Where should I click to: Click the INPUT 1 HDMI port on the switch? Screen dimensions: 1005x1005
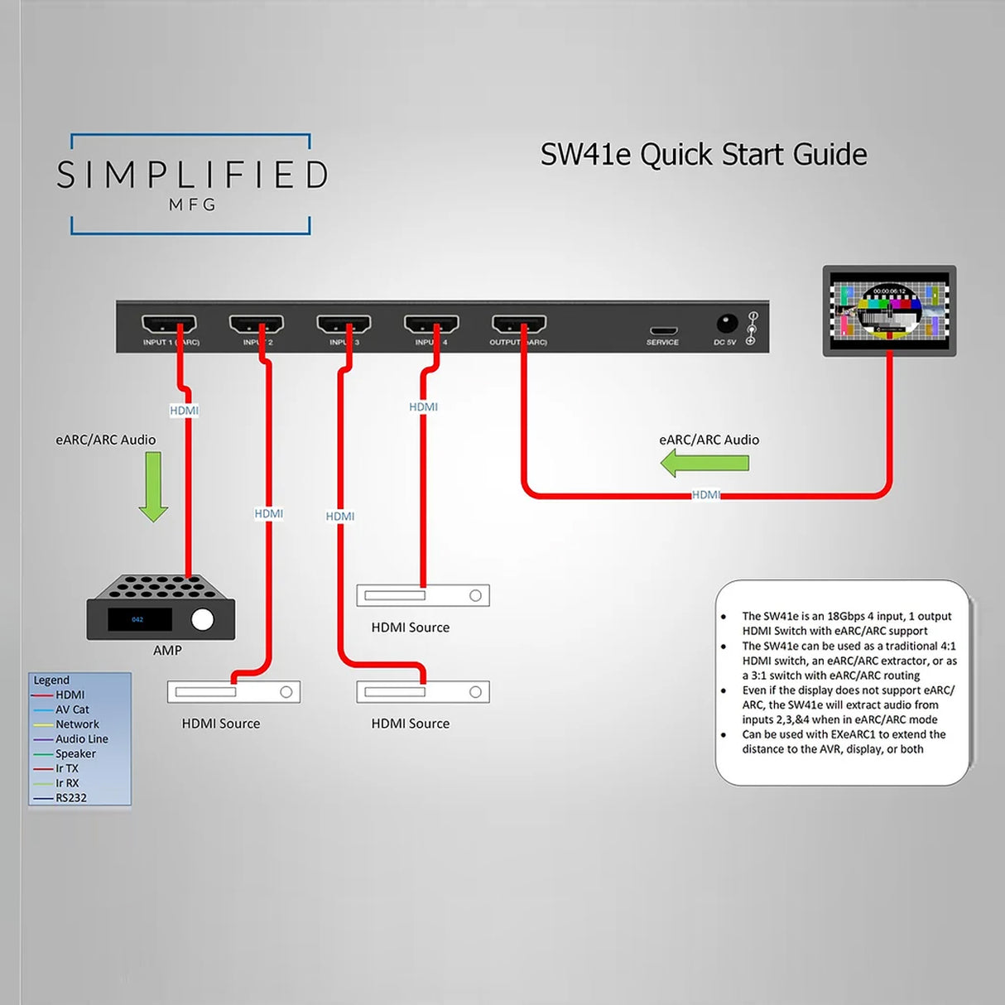click(169, 324)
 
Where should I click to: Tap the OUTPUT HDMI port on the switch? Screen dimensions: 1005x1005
click(519, 324)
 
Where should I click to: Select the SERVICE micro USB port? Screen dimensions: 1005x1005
click(662, 331)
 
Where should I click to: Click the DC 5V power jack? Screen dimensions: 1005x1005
click(726, 324)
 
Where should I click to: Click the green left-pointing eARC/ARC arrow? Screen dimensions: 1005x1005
click(704, 464)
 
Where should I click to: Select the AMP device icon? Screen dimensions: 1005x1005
click(161, 608)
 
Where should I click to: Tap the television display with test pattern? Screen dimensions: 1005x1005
click(889, 310)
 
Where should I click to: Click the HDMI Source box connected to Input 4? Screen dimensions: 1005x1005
click(423, 595)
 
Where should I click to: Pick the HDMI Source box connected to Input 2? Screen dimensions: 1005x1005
click(233, 692)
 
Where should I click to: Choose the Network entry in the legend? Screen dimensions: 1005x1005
click(77, 724)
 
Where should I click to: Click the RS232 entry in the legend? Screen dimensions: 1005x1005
click(71, 798)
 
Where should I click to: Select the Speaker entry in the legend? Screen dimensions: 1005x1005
click(75, 754)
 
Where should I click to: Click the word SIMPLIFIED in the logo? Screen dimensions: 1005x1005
click(192, 176)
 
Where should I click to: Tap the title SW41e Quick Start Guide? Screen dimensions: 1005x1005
click(704, 155)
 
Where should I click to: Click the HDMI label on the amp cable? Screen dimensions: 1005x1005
click(184, 411)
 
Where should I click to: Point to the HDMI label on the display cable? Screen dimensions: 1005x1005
click(705, 495)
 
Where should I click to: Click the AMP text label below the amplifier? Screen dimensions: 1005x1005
click(167, 651)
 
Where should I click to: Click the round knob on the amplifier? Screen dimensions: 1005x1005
click(202, 619)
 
